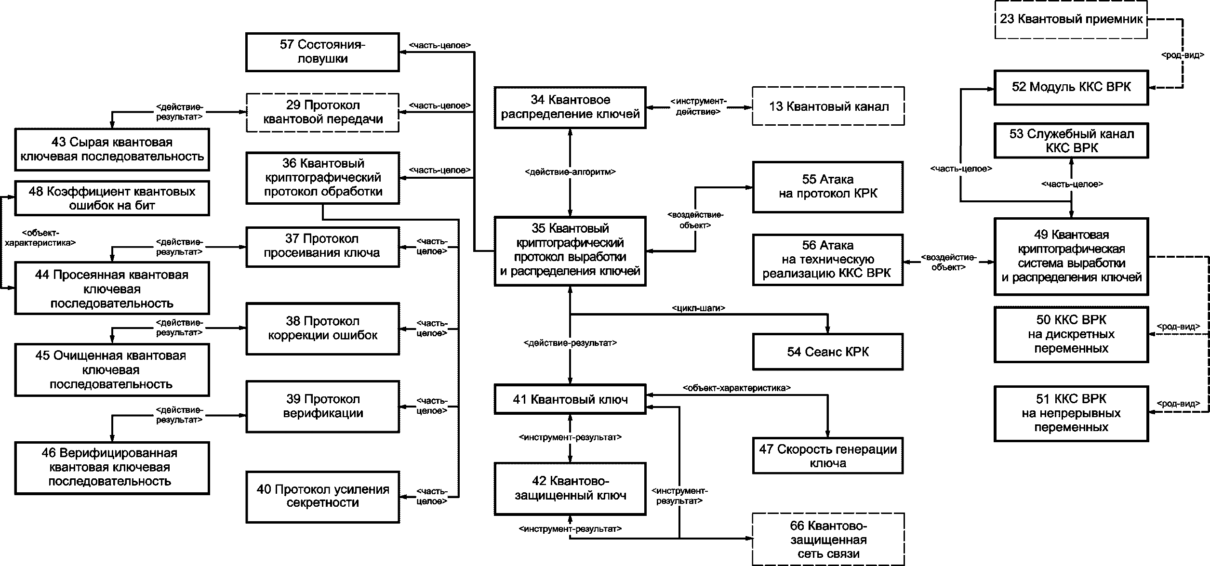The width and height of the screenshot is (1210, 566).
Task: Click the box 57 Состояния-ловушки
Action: pyautogui.click(x=322, y=52)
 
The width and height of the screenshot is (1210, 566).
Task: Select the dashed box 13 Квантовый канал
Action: pyautogui.click(x=828, y=106)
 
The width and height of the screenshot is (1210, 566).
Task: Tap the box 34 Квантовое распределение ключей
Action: pyautogui.click(x=570, y=107)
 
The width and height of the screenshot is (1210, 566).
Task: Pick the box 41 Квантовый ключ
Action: pyautogui.click(x=570, y=399)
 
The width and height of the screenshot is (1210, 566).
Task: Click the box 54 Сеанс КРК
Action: pyautogui.click(x=828, y=352)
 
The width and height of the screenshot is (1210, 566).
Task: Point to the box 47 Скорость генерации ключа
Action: pyautogui.click(x=828, y=456)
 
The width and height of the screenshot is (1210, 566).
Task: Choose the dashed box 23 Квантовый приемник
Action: pyautogui.click(x=1071, y=20)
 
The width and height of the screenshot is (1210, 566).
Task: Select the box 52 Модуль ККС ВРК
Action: pyautogui.click(x=1071, y=87)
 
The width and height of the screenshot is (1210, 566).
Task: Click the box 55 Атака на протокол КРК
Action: pyautogui.click(x=828, y=187)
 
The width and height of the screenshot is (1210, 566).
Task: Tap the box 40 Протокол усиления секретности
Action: pyautogui.click(x=322, y=497)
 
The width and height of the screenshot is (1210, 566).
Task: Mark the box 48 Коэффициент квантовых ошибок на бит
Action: pyautogui.click(x=112, y=198)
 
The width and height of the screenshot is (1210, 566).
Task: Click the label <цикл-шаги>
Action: pyautogui.click(x=698, y=308)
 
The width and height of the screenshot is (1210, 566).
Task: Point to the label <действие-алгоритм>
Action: pyautogui.click(x=570, y=171)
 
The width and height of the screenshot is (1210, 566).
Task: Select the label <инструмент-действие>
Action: pyautogui.click(x=698, y=106)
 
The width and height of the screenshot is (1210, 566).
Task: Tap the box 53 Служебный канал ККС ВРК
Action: pyautogui.click(x=1071, y=141)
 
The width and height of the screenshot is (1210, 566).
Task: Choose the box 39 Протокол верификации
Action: pyautogui.click(x=322, y=407)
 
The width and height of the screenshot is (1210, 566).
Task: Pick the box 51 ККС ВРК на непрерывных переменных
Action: pyautogui.click(x=1071, y=413)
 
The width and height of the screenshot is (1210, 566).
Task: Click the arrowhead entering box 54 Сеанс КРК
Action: pyautogui.click(x=828, y=330)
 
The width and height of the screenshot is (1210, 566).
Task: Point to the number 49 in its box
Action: pyautogui.click(x=1041, y=235)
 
